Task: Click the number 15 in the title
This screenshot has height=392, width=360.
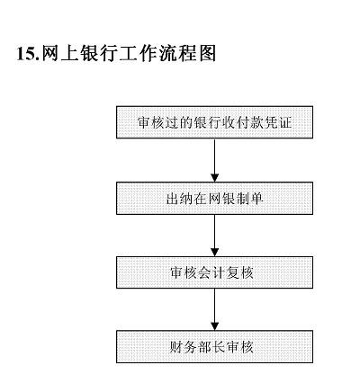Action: point(25,54)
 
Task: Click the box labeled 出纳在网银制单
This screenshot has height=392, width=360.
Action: point(213,198)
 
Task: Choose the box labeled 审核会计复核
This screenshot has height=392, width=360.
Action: point(213,272)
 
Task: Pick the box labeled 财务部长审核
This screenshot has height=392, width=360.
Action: point(213,346)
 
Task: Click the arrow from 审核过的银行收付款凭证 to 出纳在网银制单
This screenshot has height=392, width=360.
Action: point(214,160)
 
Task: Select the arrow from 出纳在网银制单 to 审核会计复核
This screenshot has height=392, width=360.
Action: point(214,235)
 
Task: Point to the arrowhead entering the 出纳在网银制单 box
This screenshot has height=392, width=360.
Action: point(214,177)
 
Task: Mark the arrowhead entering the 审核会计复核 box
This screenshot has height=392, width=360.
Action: point(214,252)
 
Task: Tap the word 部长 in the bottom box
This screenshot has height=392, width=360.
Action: point(213,346)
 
